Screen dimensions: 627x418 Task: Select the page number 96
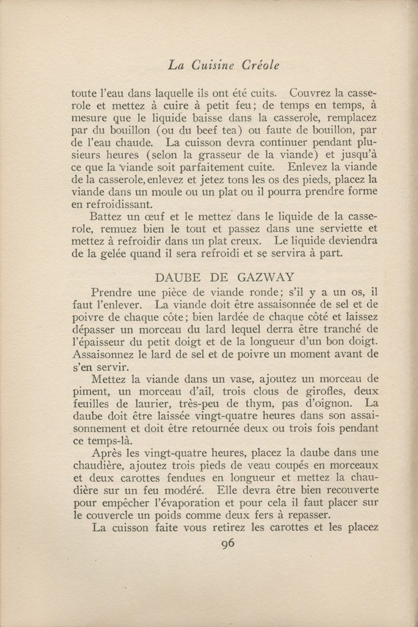(x=227, y=544)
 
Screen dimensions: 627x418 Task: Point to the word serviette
(x=340, y=228)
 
